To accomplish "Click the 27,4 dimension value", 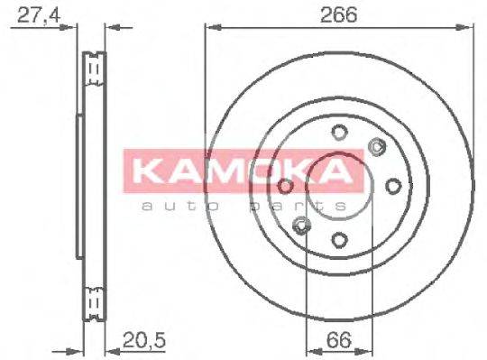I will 32,15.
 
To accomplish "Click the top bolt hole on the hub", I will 340,134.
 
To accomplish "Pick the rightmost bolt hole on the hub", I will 392,186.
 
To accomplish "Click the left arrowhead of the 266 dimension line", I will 210,28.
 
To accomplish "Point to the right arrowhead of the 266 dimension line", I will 470,28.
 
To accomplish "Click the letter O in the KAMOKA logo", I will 264,172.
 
